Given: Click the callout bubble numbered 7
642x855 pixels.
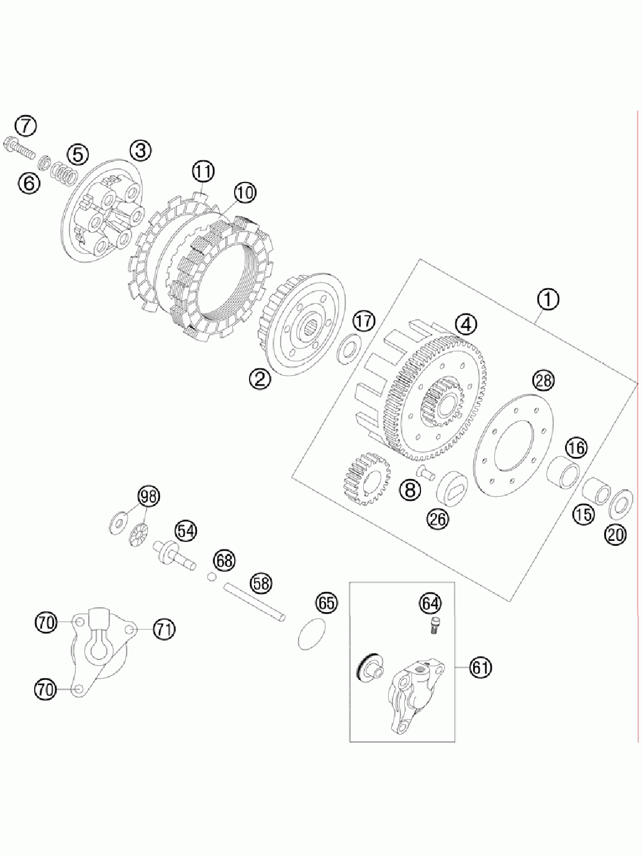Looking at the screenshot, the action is pos(25,126).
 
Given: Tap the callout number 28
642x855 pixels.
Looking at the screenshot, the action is pos(543,380).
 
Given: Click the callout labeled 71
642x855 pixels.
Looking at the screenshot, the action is pos(164,630).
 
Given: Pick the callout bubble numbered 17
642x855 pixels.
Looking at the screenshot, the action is pos(364,321).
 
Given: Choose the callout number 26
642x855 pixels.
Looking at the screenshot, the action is pos(438,519).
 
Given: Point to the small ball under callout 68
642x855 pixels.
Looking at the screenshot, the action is pos(212,577).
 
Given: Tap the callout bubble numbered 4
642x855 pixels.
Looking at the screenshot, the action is pos(465,323).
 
